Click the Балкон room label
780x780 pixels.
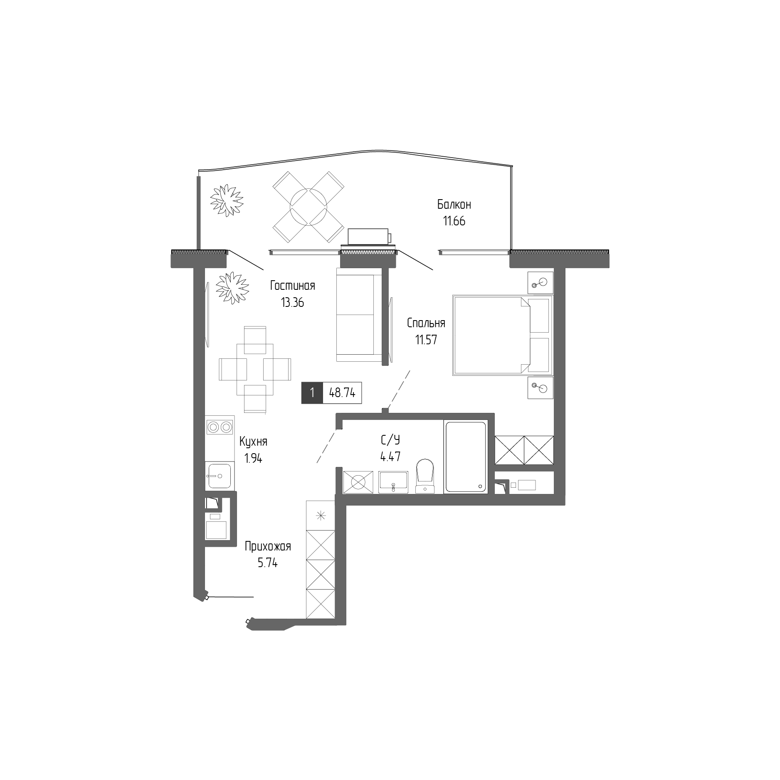[x=454, y=205]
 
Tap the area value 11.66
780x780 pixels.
[x=454, y=221]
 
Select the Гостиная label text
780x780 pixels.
[x=292, y=286]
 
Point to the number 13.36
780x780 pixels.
[x=292, y=303]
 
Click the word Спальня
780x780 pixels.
[x=426, y=323]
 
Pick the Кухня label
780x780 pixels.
[x=253, y=441]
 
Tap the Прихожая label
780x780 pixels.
[x=267, y=546]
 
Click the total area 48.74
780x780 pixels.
[x=342, y=393]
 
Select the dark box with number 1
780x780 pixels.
[x=312, y=393]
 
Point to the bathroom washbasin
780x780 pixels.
[x=393, y=482]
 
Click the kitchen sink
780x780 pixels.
[x=220, y=476]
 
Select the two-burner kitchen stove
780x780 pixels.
[x=220, y=427]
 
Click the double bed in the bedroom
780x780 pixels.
[x=502, y=335]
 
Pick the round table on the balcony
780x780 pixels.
[x=308, y=207]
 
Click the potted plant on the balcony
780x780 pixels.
[x=226, y=200]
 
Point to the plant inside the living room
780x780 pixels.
[x=232, y=287]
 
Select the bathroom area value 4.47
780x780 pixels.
[x=390, y=457]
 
